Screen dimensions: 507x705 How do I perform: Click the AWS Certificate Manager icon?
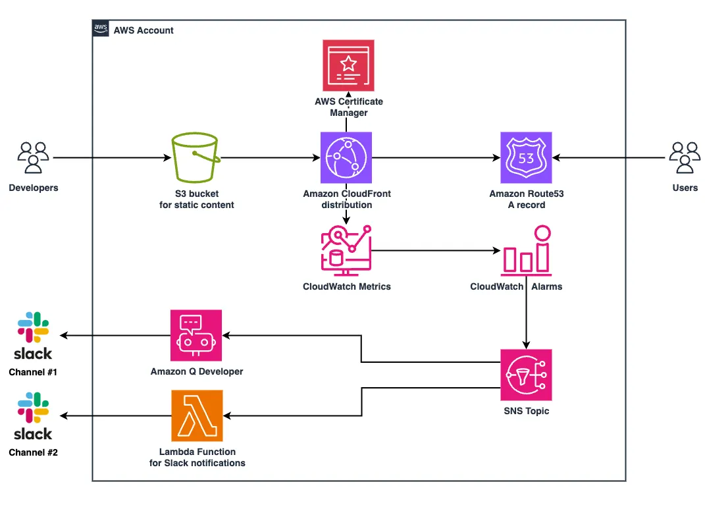click(x=348, y=65)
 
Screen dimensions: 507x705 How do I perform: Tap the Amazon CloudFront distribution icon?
click(x=346, y=157)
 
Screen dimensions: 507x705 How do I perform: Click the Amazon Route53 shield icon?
click(x=525, y=157)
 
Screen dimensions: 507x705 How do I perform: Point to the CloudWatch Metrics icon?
click(x=346, y=250)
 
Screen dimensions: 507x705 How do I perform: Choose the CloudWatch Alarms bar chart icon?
click(x=526, y=250)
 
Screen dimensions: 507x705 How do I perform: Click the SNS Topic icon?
click(x=525, y=375)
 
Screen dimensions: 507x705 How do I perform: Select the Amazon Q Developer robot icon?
click(x=196, y=335)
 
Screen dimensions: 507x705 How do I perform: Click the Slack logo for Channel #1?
click(x=33, y=336)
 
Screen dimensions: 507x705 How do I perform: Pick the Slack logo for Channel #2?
click(x=33, y=416)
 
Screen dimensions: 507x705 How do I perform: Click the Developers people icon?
click(x=33, y=158)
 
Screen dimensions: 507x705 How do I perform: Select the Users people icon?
click(x=685, y=158)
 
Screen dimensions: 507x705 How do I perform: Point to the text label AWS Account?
click(x=144, y=30)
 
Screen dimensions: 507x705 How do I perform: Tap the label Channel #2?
click(x=33, y=452)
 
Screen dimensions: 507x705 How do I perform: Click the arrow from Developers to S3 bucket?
click(x=109, y=158)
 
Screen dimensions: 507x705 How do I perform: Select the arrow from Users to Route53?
click(x=609, y=158)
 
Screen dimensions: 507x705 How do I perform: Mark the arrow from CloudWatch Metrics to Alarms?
click(x=434, y=250)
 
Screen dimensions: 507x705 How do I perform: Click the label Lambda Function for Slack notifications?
click(x=197, y=458)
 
